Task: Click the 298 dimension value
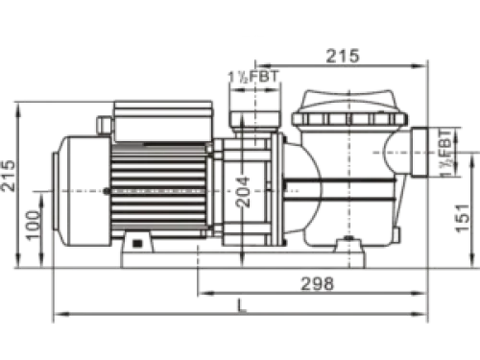pos(318,283)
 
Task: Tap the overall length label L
pos(242,305)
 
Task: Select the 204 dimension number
pos(242,192)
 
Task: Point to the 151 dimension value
pos(462,218)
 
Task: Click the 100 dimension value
pos(34,225)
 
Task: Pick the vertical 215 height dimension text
pos(8,176)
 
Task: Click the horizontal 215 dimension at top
pos(343,56)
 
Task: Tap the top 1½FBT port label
pos(253,77)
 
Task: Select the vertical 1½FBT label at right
pos(445,153)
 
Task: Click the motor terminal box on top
pos(163,121)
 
